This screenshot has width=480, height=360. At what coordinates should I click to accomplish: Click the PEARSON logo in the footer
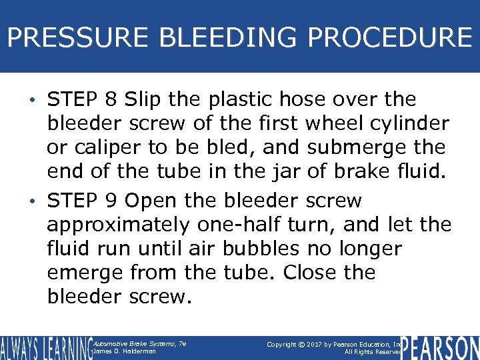(442, 347)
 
